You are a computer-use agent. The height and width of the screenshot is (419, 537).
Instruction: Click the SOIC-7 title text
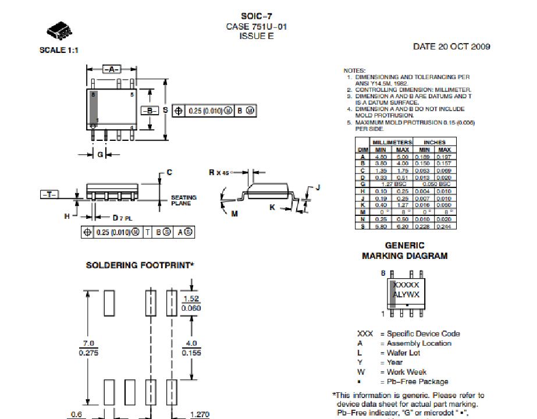pos(256,16)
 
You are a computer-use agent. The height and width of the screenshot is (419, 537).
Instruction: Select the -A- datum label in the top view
pos(111,69)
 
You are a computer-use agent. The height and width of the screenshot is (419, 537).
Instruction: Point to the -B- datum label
pos(150,111)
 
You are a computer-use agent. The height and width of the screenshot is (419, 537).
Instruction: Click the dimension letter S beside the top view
pos(165,109)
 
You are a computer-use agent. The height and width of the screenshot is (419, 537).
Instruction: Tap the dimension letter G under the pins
pos(100,154)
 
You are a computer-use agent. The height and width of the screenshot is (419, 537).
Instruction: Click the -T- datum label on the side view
pos(48,194)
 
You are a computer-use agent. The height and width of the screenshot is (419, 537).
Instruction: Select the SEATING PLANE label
pos(183,200)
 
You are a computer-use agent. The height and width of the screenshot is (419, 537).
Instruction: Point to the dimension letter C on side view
pos(169,172)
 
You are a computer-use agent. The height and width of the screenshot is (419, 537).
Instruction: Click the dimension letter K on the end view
pos(272,207)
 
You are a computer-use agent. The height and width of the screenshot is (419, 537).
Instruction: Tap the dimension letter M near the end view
pos(234,214)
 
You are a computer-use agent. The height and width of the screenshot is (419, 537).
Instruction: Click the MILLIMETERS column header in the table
pos(392,142)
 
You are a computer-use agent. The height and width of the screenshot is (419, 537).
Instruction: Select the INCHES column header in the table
pos(434,142)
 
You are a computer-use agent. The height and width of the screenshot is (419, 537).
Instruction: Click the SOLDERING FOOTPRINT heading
pos(140,265)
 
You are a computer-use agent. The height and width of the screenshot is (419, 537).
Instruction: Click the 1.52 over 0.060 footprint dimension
pos(191,303)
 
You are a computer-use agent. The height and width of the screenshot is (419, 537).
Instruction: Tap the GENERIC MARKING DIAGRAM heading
pos(404,251)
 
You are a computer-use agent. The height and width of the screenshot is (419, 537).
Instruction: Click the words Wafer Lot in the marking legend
pos(403,353)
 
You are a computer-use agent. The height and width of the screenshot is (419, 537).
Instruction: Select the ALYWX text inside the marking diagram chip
pos(406,294)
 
